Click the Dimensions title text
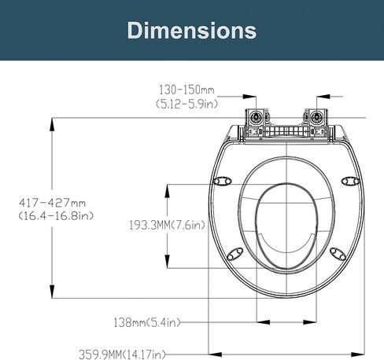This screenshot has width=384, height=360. coord(192,31)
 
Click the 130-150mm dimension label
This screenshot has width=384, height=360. coord(186,90)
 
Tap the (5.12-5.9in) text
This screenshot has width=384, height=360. coord(186,105)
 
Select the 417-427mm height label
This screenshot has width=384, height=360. coord(52,203)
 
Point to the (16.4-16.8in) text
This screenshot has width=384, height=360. coord(56,216)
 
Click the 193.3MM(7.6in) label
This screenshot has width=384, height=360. coord(167,226)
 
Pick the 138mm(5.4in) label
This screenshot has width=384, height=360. coord(147,322)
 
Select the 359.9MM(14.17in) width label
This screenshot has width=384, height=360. coord(123,354)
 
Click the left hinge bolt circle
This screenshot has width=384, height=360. coord(254,116)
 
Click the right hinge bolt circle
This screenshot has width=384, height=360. coord(316,116)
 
